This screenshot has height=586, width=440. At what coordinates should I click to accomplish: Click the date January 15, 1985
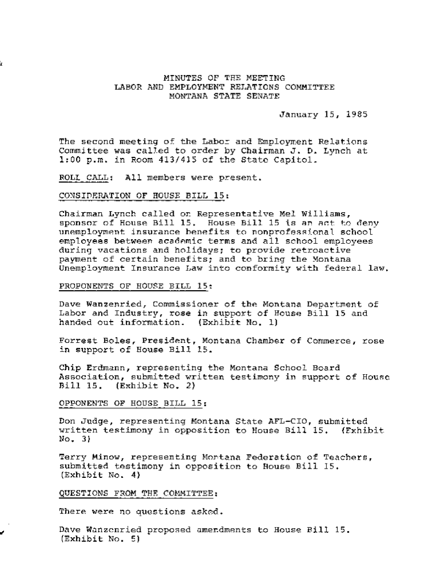point(323,114)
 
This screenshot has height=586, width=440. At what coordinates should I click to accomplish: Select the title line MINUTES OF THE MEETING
point(225,78)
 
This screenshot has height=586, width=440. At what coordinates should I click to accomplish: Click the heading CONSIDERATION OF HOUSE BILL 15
point(143,196)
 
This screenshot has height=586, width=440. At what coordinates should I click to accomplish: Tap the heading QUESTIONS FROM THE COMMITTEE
point(138,493)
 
